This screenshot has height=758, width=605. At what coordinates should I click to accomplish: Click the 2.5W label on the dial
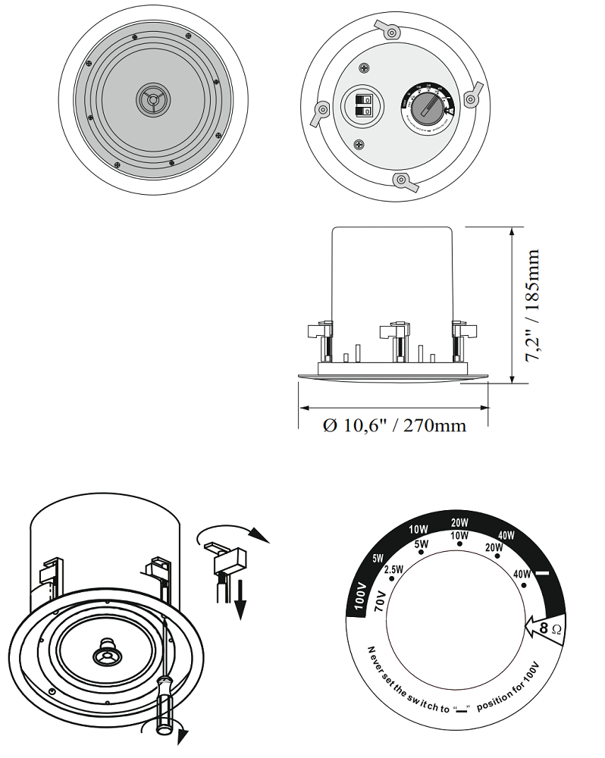pyautogui.click(x=393, y=569)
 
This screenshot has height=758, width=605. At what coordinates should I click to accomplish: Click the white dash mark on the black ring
pyautogui.click(x=543, y=574)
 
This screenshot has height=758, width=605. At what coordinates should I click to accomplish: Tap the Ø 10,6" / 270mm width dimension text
pyautogui.click(x=394, y=425)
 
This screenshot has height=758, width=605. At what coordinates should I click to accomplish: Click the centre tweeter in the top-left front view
pyautogui.click(x=153, y=100)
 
